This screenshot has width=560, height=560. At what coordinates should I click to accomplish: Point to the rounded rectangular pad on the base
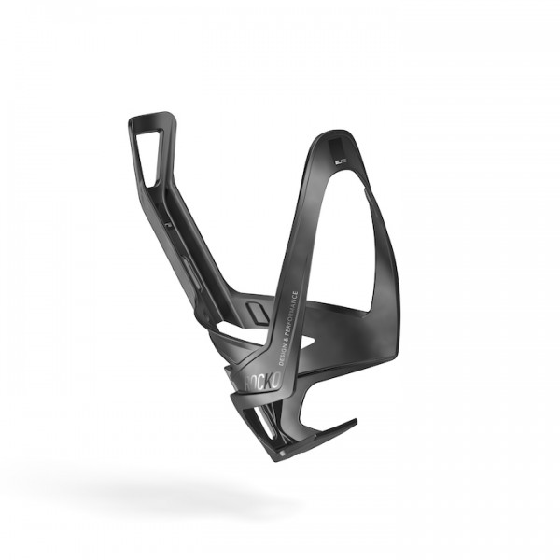pos(258,309)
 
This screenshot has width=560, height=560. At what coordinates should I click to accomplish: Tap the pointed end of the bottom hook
pos(355,422)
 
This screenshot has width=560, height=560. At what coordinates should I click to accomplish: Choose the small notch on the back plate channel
pos(167,226)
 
